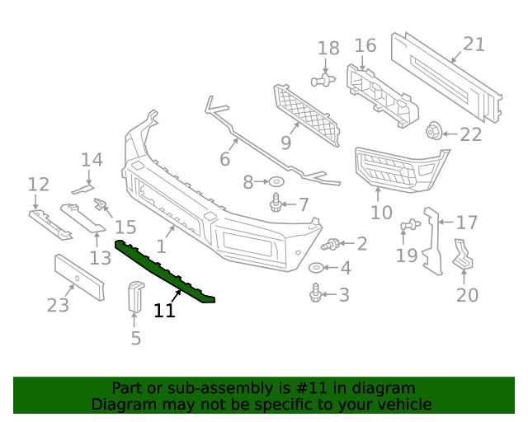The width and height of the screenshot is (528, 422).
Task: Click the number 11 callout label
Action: [x=164, y=311]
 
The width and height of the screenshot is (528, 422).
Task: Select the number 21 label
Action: [x=474, y=45]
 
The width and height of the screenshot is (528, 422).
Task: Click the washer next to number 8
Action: [x=277, y=181]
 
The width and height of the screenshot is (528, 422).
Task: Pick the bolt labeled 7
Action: [x=276, y=202]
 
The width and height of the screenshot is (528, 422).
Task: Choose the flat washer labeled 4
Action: [x=317, y=268]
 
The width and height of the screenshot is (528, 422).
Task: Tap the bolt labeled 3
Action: [x=315, y=292]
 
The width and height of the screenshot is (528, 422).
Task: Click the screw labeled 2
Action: [x=332, y=243]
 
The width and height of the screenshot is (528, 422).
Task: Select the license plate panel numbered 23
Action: [x=78, y=278]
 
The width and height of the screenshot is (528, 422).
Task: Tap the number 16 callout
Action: [x=365, y=45]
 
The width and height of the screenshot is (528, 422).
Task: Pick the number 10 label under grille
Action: [x=381, y=213]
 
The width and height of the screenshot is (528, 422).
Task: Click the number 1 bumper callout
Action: [x=162, y=246]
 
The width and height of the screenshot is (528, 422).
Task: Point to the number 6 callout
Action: [x=224, y=158]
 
